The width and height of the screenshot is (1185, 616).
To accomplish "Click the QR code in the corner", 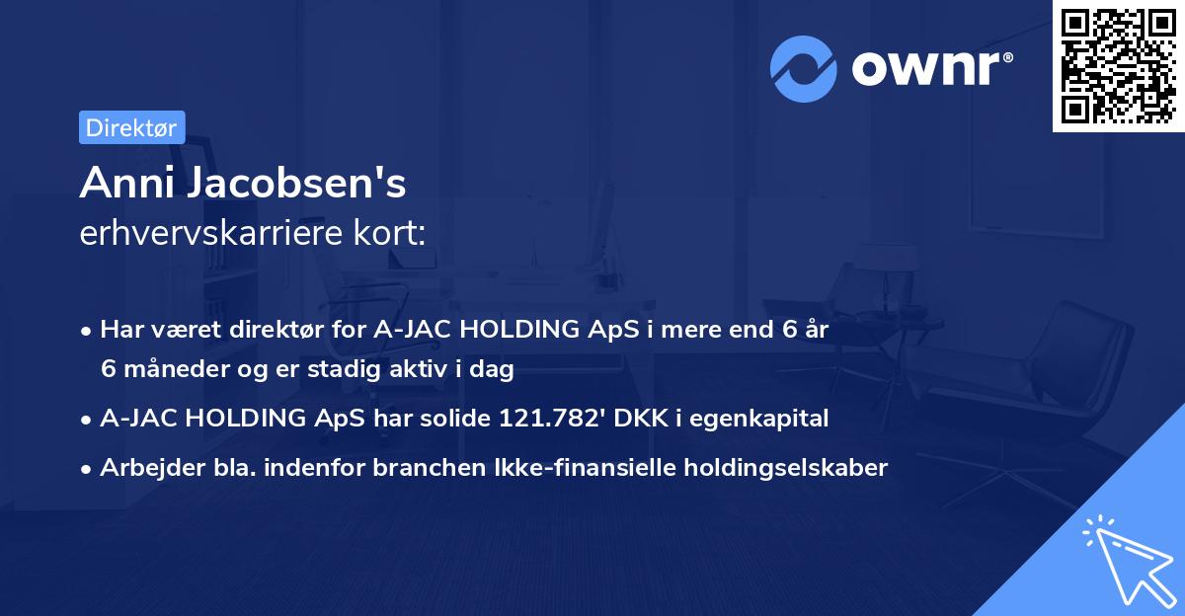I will tap(1118, 67).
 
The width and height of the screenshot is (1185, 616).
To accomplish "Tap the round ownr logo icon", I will tap(803, 68).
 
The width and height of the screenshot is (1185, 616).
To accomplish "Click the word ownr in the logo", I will tap(928, 68).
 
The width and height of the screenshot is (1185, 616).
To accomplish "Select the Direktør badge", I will tap(131, 127).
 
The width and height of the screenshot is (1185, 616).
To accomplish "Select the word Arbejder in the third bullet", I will tap(143, 468).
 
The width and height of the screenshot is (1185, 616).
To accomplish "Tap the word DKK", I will tap(641, 419).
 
